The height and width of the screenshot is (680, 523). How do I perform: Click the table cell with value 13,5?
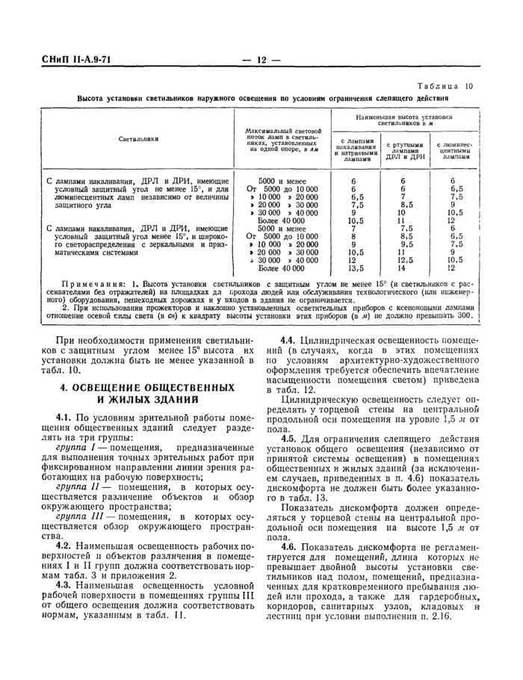(356, 268)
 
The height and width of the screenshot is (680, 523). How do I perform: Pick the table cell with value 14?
(402, 268)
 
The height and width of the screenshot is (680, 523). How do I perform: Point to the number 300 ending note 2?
(465, 315)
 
